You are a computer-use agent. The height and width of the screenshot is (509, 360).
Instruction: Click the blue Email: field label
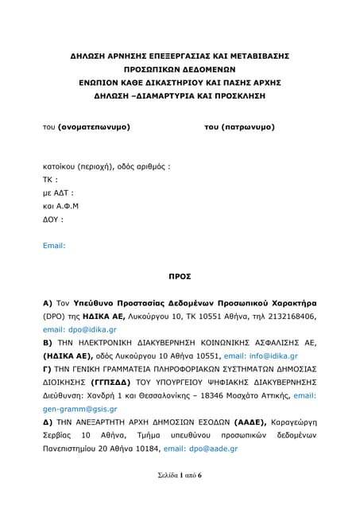tap(54, 246)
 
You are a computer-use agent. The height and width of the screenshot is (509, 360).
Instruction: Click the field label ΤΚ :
tap(50, 179)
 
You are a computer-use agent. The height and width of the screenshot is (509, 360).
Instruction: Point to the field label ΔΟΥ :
tap(52, 219)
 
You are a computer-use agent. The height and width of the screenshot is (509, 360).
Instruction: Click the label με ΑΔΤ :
tap(58, 192)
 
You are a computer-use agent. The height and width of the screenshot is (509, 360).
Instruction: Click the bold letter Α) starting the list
tap(47, 303)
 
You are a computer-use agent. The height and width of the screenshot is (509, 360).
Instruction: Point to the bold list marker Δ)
tap(48, 422)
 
